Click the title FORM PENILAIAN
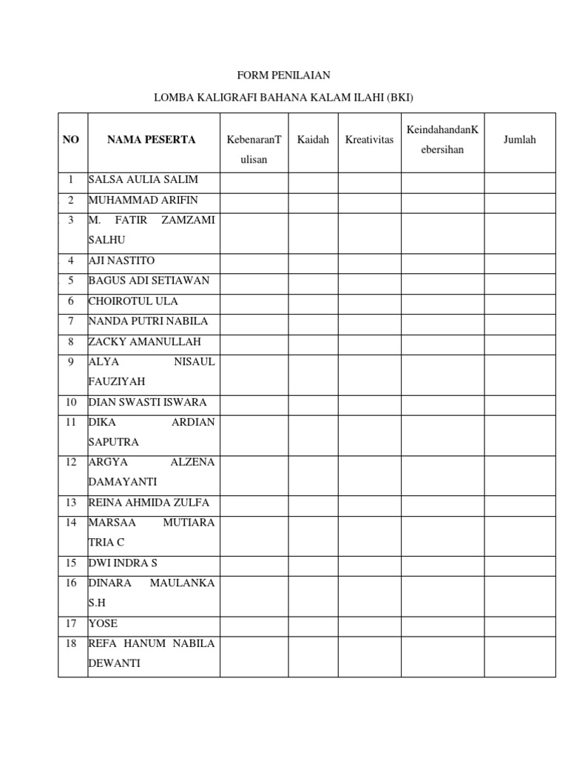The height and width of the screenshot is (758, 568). [283, 76]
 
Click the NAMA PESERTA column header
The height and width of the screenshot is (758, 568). [151, 140]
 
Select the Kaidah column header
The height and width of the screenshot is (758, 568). [313, 140]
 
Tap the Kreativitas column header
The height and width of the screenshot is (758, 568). [369, 140]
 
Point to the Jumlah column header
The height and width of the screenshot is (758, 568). [519, 140]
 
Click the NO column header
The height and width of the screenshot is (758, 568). [71, 140]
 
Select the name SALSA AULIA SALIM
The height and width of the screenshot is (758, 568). [143, 180]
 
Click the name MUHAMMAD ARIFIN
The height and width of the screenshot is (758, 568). [143, 200]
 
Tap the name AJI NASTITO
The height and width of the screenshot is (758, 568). [122, 261]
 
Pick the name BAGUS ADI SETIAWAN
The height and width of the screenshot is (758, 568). [149, 281]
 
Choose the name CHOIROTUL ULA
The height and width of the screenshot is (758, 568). [133, 301]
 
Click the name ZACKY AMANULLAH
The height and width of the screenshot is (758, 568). [144, 342]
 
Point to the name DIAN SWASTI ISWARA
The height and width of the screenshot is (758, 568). [148, 403]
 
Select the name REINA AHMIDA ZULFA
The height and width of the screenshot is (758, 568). [149, 503]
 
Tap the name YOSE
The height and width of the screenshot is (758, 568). [103, 623]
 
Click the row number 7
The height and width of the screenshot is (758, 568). [71, 321]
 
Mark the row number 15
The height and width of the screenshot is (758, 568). [71, 563]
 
